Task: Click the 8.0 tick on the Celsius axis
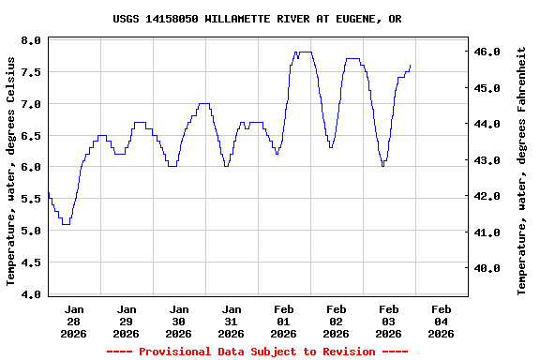point(30,41)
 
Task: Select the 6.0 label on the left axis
point(30,168)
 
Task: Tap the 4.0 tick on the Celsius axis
point(30,294)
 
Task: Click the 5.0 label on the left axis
point(30,231)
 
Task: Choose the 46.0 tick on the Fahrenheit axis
point(491,52)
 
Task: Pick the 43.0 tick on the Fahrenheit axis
point(491,160)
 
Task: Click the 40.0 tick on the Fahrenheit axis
point(491,268)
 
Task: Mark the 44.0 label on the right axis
point(491,124)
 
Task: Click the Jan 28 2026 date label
point(73,321)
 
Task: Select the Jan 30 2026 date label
point(178,321)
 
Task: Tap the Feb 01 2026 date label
point(283,321)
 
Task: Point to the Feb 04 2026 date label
point(441,321)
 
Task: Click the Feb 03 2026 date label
point(388,321)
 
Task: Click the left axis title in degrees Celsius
point(11,171)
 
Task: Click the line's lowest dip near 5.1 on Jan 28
point(66,224)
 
